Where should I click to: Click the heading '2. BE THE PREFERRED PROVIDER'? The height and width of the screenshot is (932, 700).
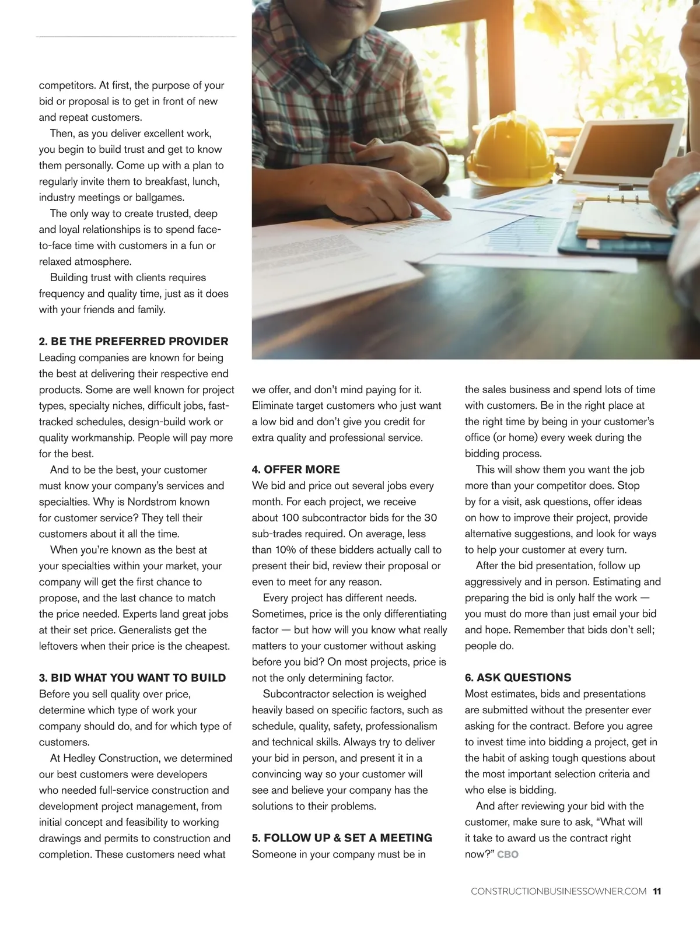134,341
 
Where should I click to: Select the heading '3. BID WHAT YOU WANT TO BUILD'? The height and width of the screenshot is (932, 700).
132,678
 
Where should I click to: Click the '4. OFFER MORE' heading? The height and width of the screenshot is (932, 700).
296,469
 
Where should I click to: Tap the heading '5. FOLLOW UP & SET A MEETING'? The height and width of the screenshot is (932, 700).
342,838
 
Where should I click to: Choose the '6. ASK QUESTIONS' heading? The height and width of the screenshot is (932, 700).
518,678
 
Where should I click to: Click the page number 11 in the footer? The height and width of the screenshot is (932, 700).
657,891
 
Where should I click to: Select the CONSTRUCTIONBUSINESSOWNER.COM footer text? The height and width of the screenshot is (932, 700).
558,891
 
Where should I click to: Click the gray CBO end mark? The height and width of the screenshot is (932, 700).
508,854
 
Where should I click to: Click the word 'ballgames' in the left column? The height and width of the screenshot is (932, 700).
161,197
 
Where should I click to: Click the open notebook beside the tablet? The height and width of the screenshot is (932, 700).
624,218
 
